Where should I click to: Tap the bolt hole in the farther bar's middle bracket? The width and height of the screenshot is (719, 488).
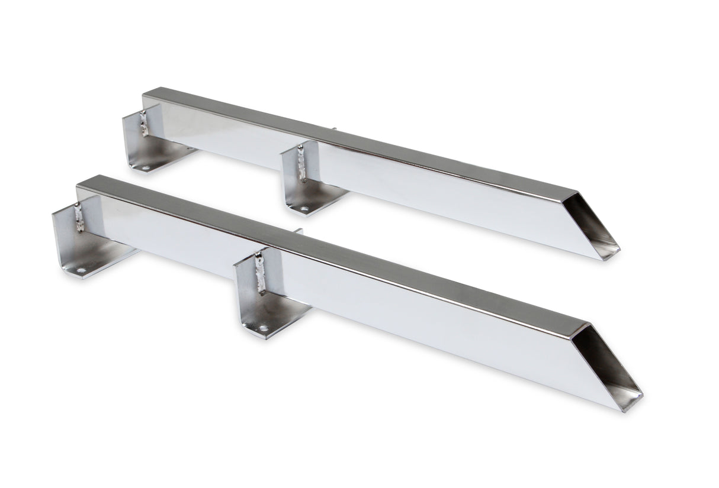pos(304,209)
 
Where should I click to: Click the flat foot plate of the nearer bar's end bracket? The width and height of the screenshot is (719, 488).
pos(101,260)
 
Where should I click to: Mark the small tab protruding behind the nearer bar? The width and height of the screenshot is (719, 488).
pos(298,231)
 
